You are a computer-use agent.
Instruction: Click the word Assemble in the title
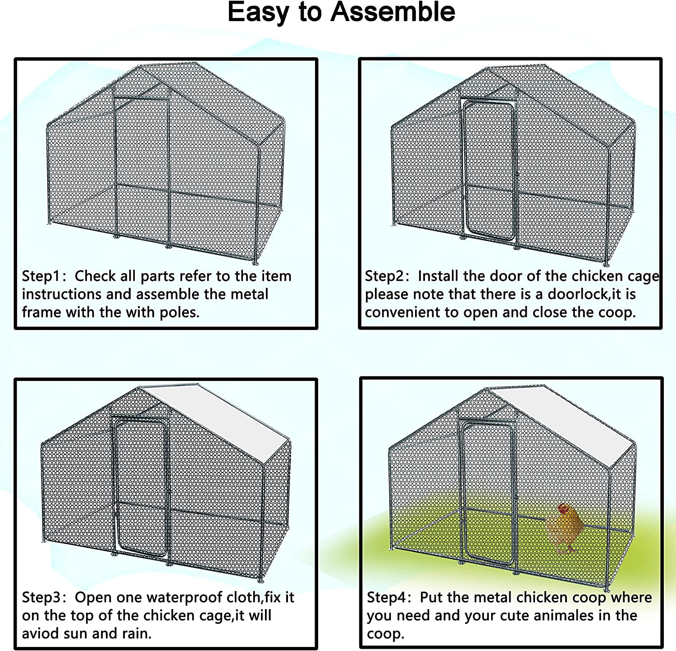tap(393, 13)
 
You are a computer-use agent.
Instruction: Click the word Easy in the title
tap(257, 13)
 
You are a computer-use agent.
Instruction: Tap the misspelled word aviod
tap(41, 633)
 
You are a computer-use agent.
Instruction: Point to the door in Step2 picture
tap(489, 171)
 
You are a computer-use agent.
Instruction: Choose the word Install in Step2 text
tap(438, 276)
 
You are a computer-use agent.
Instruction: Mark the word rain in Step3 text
tap(136, 633)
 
